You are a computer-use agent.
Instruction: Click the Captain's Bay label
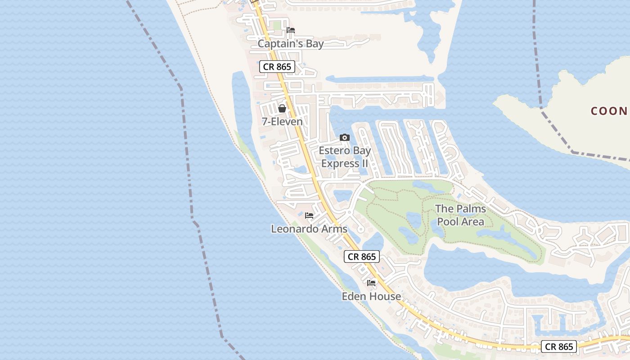pyautogui.click(x=290, y=44)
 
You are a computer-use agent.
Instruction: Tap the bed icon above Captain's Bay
pyautogui.click(x=291, y=31)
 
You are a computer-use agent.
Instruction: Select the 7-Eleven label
pyautogui.click(x=282, y=121)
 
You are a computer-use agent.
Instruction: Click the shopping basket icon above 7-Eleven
pyautogui.click(x=282, y=108)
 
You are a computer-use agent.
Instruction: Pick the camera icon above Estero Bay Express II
pyautogui.click(x=345, y=138)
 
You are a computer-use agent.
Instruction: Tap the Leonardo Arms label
pyautogui.click(x=309, y=229)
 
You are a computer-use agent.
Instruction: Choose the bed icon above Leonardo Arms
pyautogui.click(x=309, y=216)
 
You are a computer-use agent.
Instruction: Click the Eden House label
pyautogui.click(x=371, y=296)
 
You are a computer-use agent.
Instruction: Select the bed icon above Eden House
pyautogui.click(x=371, y=283)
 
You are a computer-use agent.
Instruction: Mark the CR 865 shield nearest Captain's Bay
pyautogui.click(x=277, y=67)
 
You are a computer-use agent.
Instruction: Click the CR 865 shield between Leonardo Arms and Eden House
pyautogui.click(x=362, y=256)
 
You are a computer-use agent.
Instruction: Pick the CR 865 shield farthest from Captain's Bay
pyautogui.click(x=558, y=346)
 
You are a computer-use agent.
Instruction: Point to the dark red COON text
pyautogui.click(x=609, y=111)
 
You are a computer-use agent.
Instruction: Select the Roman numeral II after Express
pyautogui.click(x=364, y=163)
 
